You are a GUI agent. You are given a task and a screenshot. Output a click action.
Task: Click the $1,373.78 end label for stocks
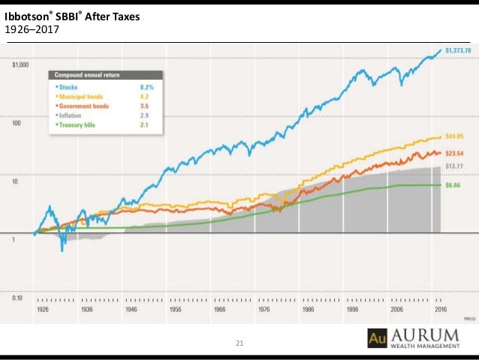[457, 50]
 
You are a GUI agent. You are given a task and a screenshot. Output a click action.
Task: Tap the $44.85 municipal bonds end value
[455, 137]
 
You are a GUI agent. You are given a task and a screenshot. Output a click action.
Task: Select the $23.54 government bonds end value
[455, 153]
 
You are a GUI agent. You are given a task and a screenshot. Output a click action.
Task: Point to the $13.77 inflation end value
[453, 165]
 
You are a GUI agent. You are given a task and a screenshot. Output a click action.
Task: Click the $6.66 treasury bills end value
[453, 185]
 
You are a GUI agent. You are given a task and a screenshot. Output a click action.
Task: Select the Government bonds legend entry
[83, 107]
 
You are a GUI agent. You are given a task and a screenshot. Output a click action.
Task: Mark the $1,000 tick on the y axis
[20, 65]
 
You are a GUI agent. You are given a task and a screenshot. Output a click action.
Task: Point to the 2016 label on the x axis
[441, 309]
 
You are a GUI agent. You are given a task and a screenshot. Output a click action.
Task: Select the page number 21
[240, 343]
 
